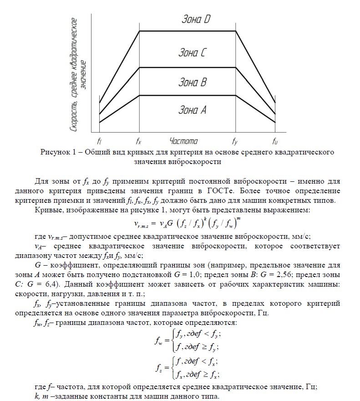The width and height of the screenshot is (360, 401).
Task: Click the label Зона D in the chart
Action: click(x=196, y=19)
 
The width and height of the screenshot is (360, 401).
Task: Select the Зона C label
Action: click(x=193, y=53)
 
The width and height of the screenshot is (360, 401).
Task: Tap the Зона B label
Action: click(x=193, y=82)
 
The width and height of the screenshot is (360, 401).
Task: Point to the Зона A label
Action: click(x=193, y=110)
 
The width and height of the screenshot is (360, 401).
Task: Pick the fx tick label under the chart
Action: click(x=139, y=141)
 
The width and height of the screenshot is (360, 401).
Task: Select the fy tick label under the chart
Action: click(x=235, y=141)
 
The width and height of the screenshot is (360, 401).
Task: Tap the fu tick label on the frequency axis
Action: click(x=275, y=141)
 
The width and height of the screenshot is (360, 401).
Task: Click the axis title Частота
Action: click(x=183, y=141)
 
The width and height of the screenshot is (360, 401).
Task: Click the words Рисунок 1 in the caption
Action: click(x=56, y=152)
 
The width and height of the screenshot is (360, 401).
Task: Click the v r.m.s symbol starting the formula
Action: click(x=144, y=224)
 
